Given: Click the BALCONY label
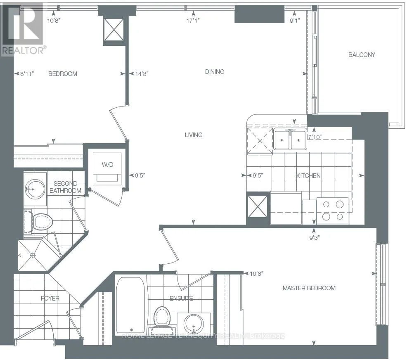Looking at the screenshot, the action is point(362,55).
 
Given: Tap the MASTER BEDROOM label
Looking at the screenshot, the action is point(309,288).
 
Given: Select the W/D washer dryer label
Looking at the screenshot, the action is point(107,165).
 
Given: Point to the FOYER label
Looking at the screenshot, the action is point(50,298).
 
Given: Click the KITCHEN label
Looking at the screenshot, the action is point(308,176).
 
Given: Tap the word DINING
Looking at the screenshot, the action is point(215,72).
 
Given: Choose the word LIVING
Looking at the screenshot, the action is point(194,135).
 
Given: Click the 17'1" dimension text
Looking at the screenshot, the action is point(193,21).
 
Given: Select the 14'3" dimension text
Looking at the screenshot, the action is point(142,74).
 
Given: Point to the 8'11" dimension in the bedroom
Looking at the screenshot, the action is point(27,74).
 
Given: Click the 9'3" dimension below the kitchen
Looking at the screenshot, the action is point(315,237).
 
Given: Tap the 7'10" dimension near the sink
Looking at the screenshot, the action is point(315,137).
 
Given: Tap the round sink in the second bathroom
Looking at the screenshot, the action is point(35,189).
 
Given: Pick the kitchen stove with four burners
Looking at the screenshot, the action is point(333,211).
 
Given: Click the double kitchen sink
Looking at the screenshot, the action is point(290,140).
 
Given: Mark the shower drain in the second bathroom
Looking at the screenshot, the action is point(33,256).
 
